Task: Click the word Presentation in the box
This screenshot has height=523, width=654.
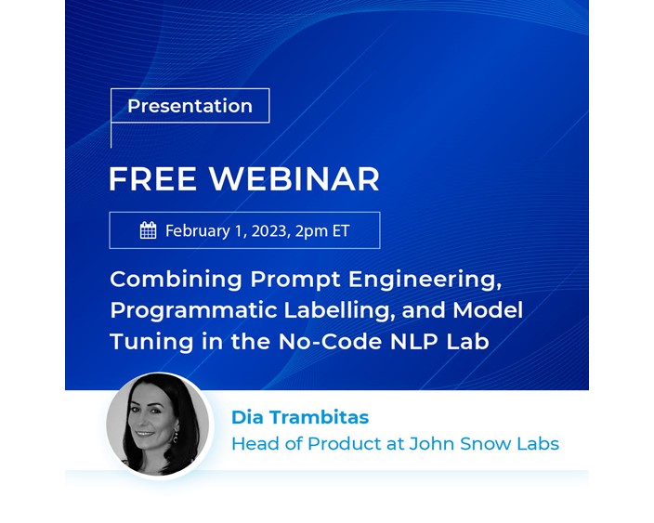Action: (x=190, y=106)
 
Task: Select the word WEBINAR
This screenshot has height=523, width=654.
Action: (x=294, y=179)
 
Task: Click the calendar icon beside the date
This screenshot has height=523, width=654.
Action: (x=149, y=230)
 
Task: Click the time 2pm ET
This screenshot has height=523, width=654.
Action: (x=324, y=230)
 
